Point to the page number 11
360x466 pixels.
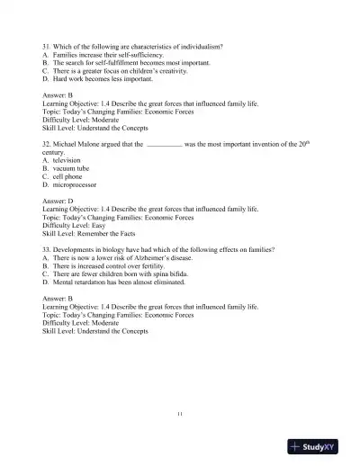180,413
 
